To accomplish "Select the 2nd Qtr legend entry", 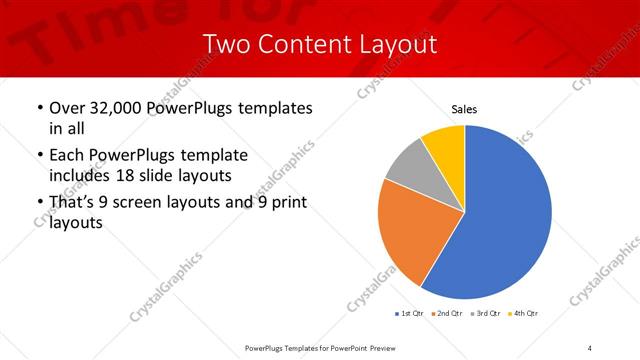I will tap(446, 314).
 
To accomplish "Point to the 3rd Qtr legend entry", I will tap(485, 314).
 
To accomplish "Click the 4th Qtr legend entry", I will tap(523, 314).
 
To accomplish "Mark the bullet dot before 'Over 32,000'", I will tap(39, 108).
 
